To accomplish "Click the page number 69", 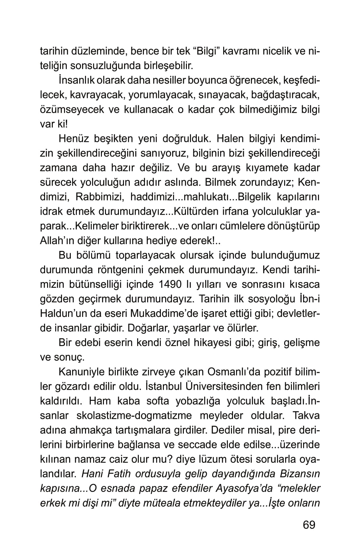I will click(309, 524).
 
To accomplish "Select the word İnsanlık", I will click(76, 81).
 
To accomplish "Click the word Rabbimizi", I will click(98, 197).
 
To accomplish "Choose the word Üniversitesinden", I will click(203, 386).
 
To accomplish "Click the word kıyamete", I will click(248, 168).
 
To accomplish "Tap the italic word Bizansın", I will click(300, 474).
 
